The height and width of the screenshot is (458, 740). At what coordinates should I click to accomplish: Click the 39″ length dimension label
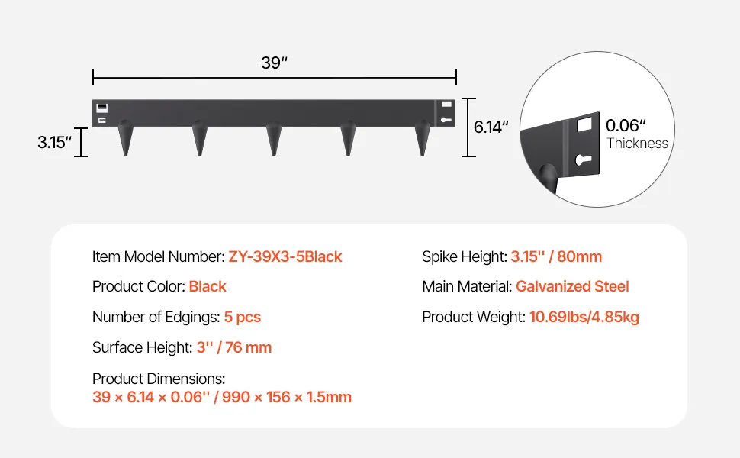pos(274,63)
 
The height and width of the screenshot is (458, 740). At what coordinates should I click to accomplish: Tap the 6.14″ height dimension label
pos(491,127)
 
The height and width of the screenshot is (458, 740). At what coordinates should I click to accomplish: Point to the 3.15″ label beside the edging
pos(55,142)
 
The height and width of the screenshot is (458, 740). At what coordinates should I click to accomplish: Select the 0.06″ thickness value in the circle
pos(626,125)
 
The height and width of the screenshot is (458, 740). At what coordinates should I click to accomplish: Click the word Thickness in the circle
pos(637,143)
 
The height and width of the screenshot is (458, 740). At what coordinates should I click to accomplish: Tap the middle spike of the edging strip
pos(274,138)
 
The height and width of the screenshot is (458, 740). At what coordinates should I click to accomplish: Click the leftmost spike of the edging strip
pos(126,138)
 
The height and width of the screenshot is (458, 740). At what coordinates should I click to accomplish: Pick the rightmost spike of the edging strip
pos(423,138)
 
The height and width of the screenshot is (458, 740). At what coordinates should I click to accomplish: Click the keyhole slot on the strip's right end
pos(446,120)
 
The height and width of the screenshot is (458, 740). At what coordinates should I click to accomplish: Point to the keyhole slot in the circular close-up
pos(584,160)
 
